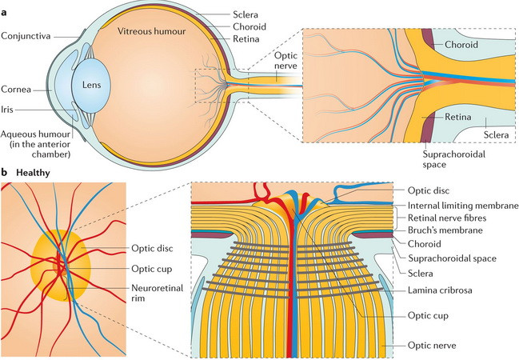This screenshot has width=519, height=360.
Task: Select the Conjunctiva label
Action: point(27,35)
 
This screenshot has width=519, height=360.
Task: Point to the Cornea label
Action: point(18,90)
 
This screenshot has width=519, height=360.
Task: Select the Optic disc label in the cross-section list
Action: point(429,191)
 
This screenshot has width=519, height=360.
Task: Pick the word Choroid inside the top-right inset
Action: point(461,45)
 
